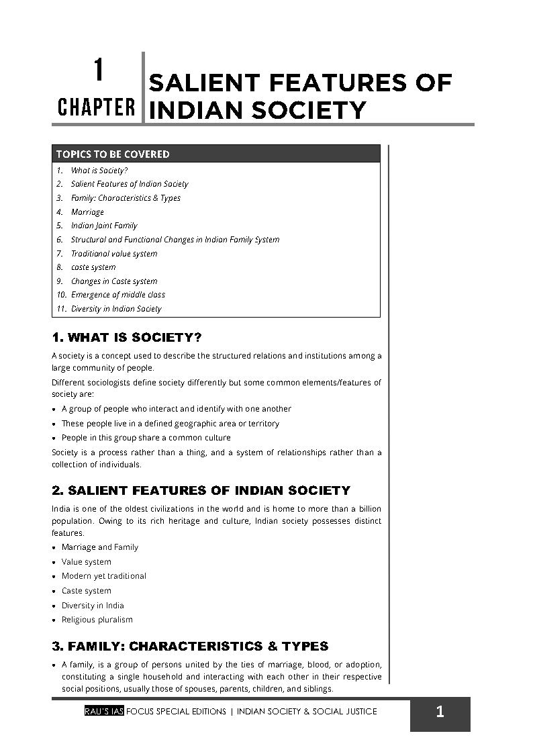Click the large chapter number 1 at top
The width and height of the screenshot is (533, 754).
coord(98,70)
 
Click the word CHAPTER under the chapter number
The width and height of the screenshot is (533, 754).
coord(96,107)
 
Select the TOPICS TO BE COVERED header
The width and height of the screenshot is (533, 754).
coord(113,154)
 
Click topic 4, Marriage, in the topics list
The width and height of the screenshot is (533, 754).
coord(87,211)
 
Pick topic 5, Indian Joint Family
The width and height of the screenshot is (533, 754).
coord(103,226)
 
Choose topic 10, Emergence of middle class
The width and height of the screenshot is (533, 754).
coord(117,295)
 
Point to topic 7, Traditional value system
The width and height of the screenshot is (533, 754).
coord(114,253)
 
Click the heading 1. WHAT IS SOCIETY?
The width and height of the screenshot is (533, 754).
coord(127,336)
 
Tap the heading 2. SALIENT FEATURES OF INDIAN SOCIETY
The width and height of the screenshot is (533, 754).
coord(201,490)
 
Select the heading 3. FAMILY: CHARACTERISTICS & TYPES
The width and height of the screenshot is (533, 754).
coord(190,646)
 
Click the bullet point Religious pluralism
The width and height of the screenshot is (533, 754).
coord(97,620)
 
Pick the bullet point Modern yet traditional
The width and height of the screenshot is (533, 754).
coord(103,576)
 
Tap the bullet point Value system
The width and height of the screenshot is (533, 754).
coord(87,561)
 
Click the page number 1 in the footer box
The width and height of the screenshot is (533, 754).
coord(440,712)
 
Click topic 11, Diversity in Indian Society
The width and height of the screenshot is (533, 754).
coord(115,309)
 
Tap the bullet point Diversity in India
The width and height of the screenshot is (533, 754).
coord(93,605)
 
